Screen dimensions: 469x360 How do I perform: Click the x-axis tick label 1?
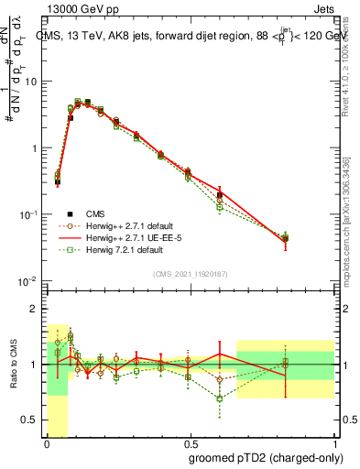pos(335,443)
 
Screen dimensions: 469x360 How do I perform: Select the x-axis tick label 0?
pos(47,443)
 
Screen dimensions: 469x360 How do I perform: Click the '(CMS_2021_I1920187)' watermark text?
pos(191,273)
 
